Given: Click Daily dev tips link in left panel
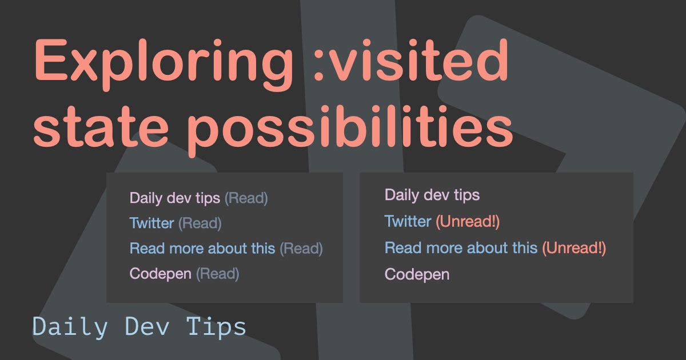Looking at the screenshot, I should [x=174, y=198].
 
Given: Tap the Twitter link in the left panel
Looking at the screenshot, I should [x=151, y=223].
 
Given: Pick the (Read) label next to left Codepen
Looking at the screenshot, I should [x=217, y=274].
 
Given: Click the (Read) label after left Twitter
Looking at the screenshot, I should [x=200, y=223].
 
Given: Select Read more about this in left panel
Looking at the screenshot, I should [x=202, y=249].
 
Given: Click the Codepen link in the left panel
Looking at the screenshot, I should [x=160, y=274].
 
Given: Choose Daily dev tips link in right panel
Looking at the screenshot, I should [x=432, y=195].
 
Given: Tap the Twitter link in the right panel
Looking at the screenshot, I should [x=408, y=221].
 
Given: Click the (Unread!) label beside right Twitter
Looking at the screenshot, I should [x=468, y=221].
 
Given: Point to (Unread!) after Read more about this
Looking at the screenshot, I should [x=573, y=248].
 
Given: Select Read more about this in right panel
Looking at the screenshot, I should [x=461, y=248].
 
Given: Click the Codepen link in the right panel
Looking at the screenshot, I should [x=417, y=274].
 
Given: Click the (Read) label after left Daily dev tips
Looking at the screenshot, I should [x=246, y=198].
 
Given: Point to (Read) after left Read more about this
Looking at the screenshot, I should [x=301, y=249].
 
